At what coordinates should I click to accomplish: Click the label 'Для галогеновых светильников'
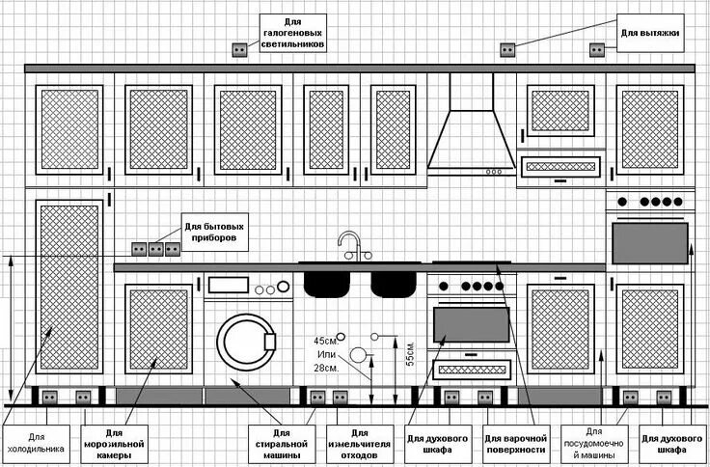coord(292,33)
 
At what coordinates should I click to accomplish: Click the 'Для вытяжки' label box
coord(649,34)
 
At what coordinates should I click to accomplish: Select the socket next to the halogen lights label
coord(238,48)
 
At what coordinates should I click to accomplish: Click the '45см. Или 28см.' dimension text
coord(325,354)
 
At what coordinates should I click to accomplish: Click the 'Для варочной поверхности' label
coord(516,442)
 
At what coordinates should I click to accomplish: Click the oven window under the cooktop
coord(472,324)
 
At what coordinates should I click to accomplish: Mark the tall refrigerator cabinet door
coord(68,287)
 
